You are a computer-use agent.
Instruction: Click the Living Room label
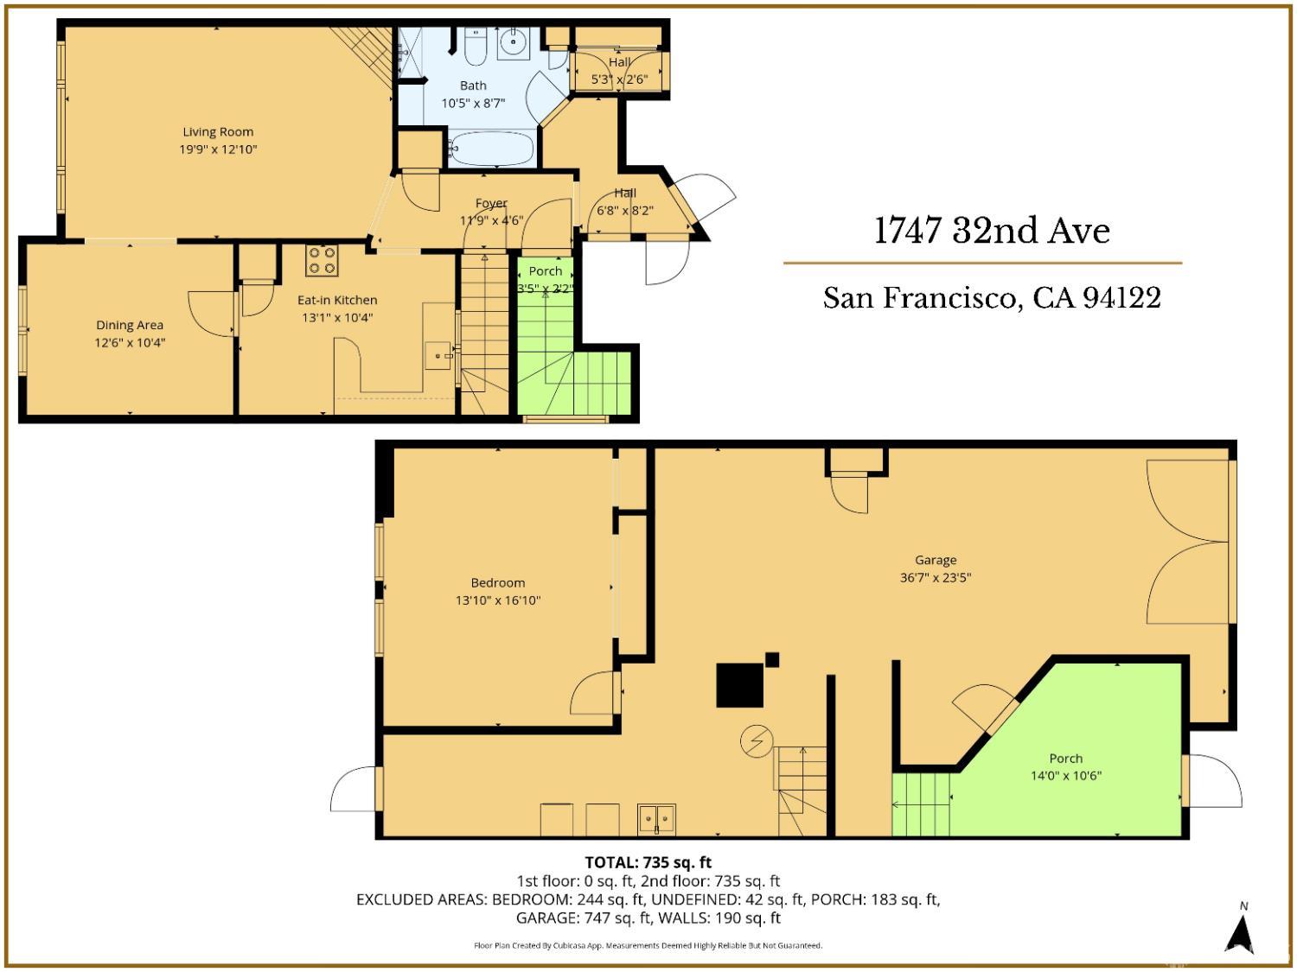[218, 132]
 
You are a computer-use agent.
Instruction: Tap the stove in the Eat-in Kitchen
[322, 261]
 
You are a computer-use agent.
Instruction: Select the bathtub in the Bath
[491, 149]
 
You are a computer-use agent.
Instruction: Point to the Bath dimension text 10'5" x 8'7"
[473, 103]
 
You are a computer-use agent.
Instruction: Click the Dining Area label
[130, 325]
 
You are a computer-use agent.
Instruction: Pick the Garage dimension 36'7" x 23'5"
[936, 577]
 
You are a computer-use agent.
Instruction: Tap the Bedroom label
[497, 582]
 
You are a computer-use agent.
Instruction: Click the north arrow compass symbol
[1243, 933]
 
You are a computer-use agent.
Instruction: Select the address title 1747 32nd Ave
[992, 231]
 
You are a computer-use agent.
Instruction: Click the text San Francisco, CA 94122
[992, 298]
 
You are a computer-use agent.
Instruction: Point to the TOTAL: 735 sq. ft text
[648, 861]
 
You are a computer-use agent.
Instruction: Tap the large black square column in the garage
[739, 685]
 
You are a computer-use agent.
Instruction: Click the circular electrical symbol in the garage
[755, 742]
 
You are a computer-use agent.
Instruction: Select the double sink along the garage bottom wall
[656, 817]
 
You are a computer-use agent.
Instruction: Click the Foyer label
[491, 203]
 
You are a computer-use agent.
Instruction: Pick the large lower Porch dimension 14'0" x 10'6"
[1065, 776]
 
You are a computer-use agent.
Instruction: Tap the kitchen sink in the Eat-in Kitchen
[438, 354]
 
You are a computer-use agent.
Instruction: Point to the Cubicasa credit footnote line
[648, 945]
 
